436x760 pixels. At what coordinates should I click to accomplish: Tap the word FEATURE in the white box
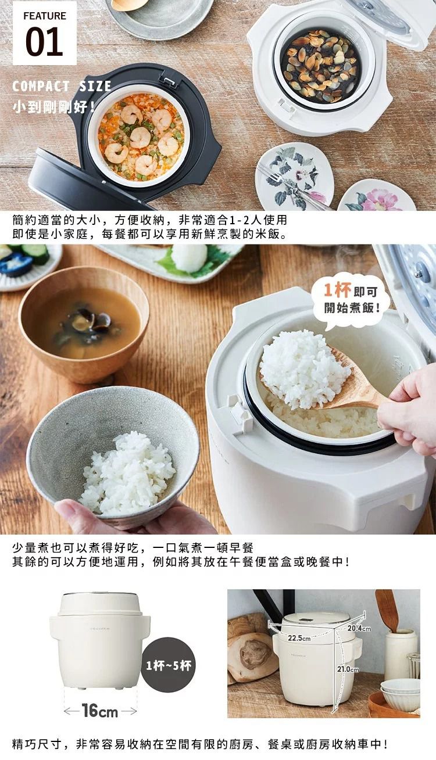tap(44, 16)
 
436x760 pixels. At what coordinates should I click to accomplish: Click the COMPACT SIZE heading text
tap(62, 87)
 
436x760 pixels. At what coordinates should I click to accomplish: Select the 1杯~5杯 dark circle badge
tap(168, 665)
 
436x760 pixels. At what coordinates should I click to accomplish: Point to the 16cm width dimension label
tap(99, 711)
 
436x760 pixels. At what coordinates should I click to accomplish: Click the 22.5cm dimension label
tap(299, 638)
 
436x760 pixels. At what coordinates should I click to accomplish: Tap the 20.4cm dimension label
tap(359, 628)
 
